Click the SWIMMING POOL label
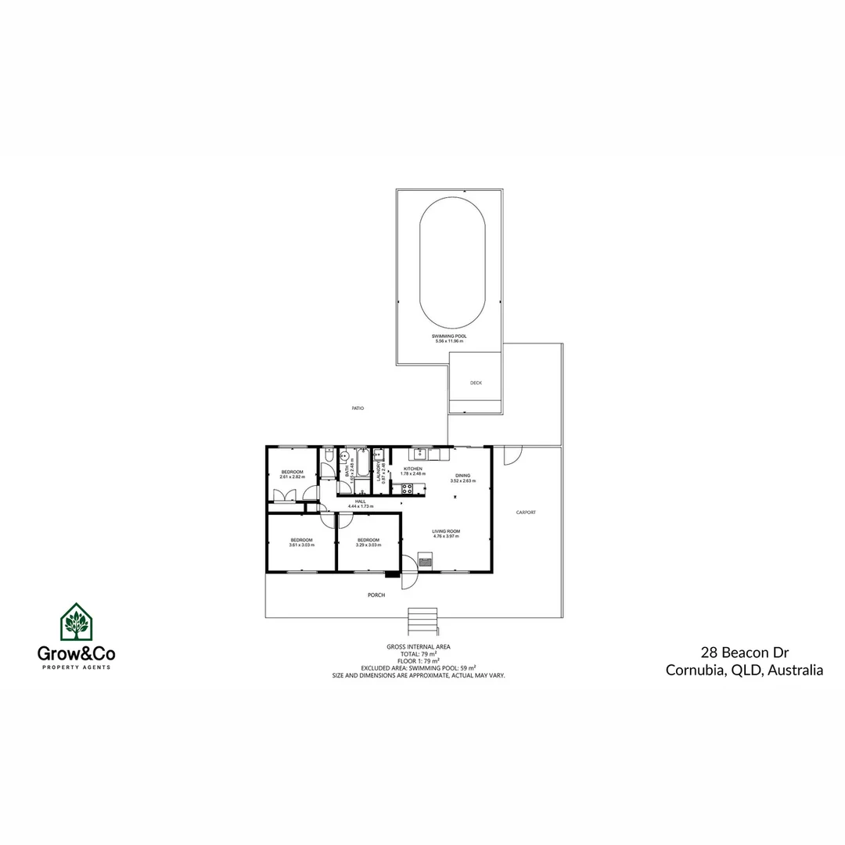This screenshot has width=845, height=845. (449, 336)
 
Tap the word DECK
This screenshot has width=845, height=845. (476, 383)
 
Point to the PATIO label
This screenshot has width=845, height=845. (358, 408)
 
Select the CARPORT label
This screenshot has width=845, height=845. (526, 512)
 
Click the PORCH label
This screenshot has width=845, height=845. (376, 595)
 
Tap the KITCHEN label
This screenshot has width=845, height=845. (412, 469)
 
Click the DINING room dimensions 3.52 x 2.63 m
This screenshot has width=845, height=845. (462, 481)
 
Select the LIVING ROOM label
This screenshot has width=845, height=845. (446, 532)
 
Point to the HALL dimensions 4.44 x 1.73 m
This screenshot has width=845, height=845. (361, 506)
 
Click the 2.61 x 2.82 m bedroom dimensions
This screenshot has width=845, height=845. (292, 476)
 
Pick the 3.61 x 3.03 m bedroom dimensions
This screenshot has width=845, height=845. (301, 545)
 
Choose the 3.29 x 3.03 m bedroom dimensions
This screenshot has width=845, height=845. (368, 545)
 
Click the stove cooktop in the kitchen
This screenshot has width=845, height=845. (407, 489)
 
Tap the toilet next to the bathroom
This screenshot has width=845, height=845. (328, 455)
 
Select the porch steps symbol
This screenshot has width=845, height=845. (422, 622)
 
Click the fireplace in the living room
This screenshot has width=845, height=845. (425, 559)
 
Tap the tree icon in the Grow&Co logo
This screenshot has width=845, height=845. (76, 624)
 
